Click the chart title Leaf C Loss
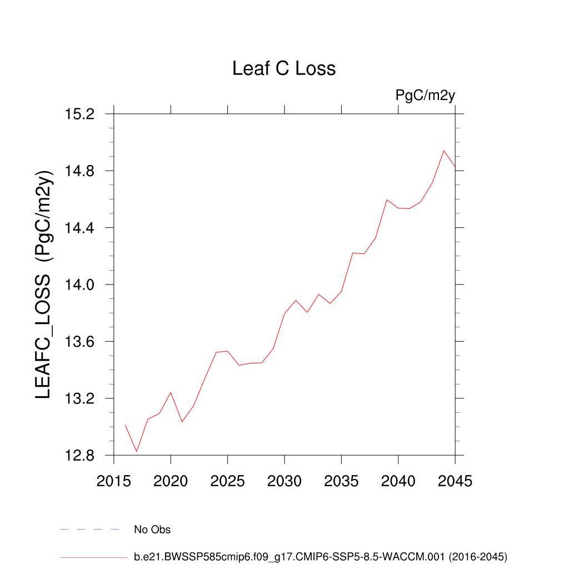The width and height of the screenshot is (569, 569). tap(284, 68)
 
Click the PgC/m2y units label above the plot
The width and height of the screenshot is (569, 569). tap(425, 95)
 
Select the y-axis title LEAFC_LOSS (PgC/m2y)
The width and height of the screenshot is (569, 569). tap(44, 283)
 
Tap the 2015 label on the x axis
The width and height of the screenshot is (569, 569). tap(114, 481)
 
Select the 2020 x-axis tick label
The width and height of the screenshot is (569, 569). tap(171, 481)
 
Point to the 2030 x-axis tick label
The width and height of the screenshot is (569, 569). tap(284, 481)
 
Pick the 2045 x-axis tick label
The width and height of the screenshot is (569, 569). tap(455, 481)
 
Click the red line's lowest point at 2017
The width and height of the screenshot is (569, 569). tap(137, 451)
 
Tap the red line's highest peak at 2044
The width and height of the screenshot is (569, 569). tap(444, 151)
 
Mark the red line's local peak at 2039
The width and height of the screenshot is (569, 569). tap(387, 199)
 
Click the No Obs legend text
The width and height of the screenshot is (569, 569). tap(152, 530)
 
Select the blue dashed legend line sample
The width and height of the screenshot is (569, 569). tap(90, 530)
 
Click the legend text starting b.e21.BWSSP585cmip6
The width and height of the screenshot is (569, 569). tap(321, 556)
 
